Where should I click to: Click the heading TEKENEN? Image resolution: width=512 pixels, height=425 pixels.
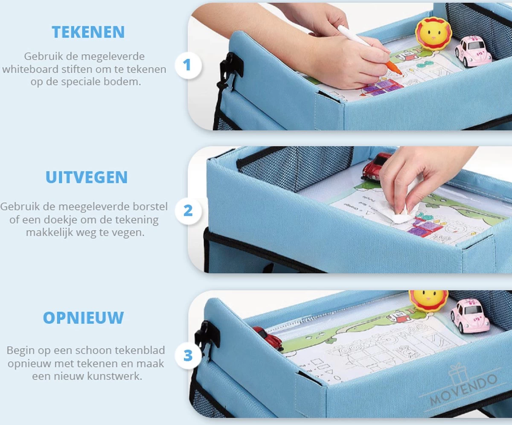[x=88, y=32]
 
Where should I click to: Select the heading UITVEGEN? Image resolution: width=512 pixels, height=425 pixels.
[x=87, y=178]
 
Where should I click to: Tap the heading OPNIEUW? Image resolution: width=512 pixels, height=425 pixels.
[x=84, y=318]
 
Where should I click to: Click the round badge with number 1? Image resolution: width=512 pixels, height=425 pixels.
[x=187, y=65]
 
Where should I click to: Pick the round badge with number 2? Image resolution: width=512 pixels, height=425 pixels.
[x=188, y=211]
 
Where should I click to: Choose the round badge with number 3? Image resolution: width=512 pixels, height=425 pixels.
[x=188, y=355]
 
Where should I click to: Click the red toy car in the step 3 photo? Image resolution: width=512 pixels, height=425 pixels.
[x=268, y=338]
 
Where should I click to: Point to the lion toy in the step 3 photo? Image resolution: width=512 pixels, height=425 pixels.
[x=428, y=300]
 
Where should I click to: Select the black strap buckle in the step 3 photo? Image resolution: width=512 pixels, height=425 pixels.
[x=207, y=335]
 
